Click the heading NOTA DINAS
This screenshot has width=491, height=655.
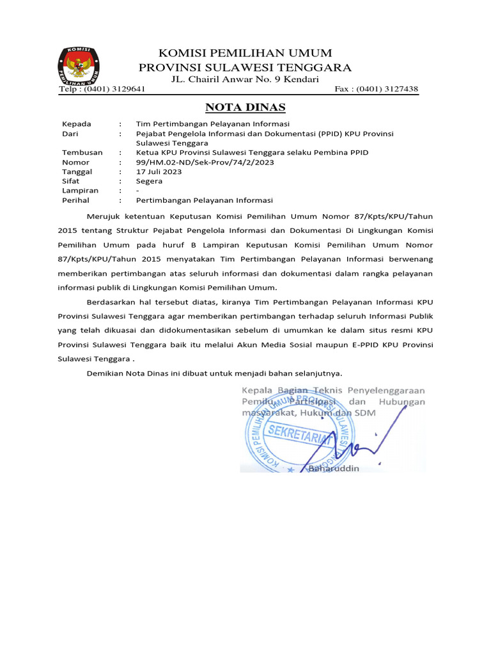point(245,107)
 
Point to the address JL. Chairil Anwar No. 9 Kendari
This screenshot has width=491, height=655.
point(245,79)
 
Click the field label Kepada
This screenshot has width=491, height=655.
point(76,123)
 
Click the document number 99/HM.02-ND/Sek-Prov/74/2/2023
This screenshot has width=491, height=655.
point(205,162)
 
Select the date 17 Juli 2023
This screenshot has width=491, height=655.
point(159,171)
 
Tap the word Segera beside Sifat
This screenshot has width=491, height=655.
point(150,181)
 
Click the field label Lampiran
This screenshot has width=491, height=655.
point(80,191)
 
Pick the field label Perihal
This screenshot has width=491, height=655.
point(76,200)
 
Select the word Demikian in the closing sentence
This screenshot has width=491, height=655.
point(106,372)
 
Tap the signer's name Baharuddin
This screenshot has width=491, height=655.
point(334,468)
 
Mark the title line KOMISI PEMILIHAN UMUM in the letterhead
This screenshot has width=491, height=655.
point(245,52)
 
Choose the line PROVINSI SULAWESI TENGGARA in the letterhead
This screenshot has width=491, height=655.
point(245,67)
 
